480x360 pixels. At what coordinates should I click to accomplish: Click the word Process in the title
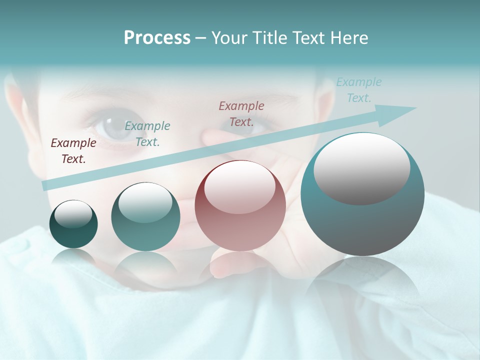tap(157, 38)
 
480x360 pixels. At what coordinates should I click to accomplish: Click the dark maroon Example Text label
tap(73, 151)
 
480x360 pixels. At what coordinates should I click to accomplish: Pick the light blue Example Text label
tap(359, 90)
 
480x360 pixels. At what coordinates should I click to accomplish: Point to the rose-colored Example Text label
tap(241, 113)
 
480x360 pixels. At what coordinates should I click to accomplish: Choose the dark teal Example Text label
tap(147, 134)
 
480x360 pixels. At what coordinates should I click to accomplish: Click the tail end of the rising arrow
tap(45, 185)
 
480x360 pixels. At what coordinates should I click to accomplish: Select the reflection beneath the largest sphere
tap(362, 285)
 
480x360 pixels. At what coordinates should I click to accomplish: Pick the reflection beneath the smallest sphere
tap(74, 257)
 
